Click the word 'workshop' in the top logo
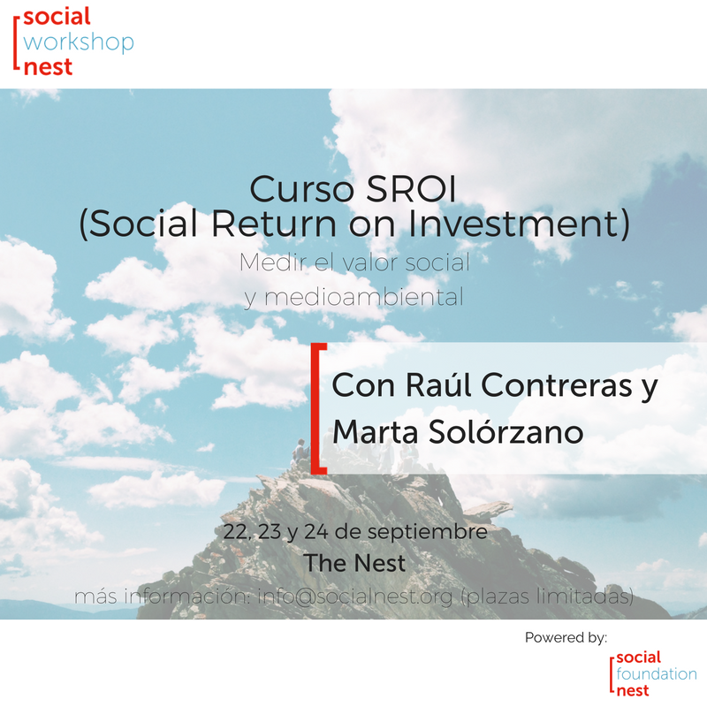[x=80, y=42]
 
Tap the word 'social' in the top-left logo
[x=57, y=17]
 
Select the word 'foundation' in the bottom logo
[x=656, y=673]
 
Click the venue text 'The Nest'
[x=354, y=563]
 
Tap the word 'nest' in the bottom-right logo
[x=631, y=689]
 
